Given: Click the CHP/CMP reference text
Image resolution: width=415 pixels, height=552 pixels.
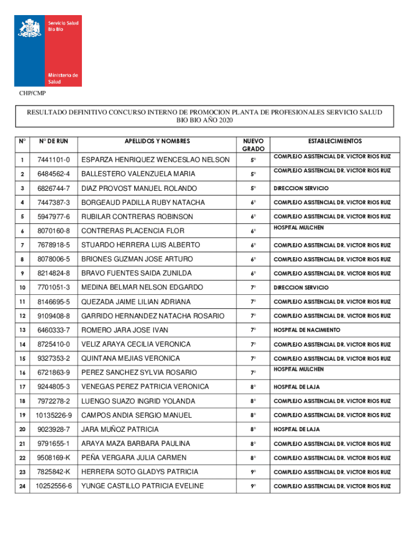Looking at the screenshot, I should tap(33, 94).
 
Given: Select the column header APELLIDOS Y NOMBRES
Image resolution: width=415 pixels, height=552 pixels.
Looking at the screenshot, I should tap(157, 141).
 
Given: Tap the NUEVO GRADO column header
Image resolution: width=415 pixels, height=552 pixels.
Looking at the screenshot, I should tap(253, 144).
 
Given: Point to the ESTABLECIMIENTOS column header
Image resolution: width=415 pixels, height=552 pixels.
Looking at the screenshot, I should tap(335, 141).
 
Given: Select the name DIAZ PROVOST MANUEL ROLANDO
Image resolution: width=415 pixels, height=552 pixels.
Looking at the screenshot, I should tap(139, 188).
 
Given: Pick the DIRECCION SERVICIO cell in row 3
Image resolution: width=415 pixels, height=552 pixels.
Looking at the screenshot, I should tap(301, 189).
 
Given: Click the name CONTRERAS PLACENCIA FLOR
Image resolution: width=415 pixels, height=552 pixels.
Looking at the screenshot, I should tap(133, 231).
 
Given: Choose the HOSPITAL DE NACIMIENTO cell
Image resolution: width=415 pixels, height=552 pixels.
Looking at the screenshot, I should tap(307, 330).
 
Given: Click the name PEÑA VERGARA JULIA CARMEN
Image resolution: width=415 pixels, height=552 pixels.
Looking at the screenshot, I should tap(134, 458).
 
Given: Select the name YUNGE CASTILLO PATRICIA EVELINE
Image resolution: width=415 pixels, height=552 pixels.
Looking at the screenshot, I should tap(142, 486).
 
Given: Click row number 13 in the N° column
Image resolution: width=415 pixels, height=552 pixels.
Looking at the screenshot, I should tap(22, 330).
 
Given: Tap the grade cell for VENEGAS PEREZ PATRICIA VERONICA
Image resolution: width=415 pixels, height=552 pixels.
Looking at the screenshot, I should tap(253, 387).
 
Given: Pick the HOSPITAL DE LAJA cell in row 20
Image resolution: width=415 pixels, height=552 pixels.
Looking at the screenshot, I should tap(296, 430).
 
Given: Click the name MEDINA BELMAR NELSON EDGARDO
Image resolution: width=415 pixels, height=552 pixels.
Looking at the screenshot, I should tap(142, 287).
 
